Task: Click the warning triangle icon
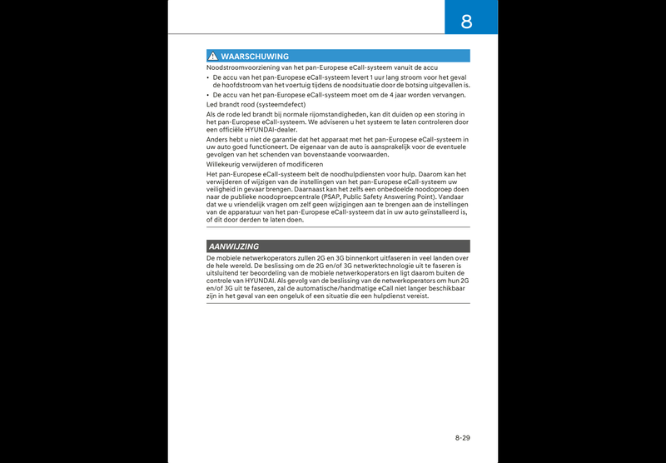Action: (x=213, y=57)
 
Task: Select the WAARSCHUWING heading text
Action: (x=255, y=57)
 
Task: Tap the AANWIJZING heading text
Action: (x=234, y=246)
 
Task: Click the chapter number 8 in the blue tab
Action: (x=466, y=21)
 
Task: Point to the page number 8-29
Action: (x=462, y=437)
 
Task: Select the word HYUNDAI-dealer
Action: (x=275, y=129)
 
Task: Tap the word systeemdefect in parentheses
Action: (x=278, y=105)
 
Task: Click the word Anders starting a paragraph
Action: (x=217, y=140)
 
